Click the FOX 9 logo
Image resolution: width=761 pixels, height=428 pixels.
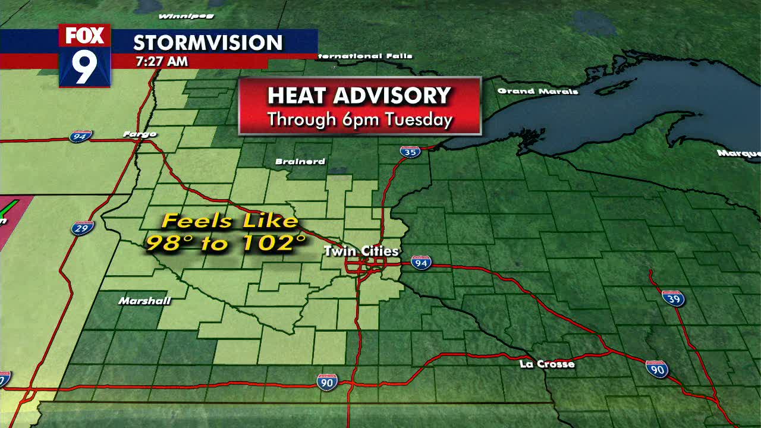[x=84, y=56]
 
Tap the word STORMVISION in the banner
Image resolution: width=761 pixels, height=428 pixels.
[x=207, y=43]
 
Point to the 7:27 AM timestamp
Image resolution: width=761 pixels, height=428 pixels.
[x=161, y=61]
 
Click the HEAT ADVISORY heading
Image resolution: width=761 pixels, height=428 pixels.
[x=359, y=96]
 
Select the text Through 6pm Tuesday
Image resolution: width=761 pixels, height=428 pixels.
[x=360, y=119]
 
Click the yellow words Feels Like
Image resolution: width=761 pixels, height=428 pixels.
[x=229, y=221]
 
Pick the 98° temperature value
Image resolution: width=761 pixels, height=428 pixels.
[x=169, y=243]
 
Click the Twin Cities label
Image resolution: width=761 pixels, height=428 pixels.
[x=361, y=251]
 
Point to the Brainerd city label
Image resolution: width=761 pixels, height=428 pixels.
[x=300, y=162]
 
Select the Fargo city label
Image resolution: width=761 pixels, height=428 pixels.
[x=140, y=134]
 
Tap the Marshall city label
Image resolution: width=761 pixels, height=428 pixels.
[x=144, y=301]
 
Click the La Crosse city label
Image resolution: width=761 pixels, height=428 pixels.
[x=547, y=364]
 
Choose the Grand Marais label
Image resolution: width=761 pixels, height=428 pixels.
[x=537, y=91]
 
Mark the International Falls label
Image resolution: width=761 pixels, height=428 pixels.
[x=365, y=56]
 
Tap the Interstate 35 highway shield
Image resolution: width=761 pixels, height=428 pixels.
[x=410, y=152]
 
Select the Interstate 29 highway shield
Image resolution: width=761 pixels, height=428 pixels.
[x=82, y=228]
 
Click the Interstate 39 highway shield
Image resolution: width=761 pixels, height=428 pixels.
[x=673, y=298]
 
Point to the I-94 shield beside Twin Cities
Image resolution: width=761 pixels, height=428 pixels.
[x=421, y=263]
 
